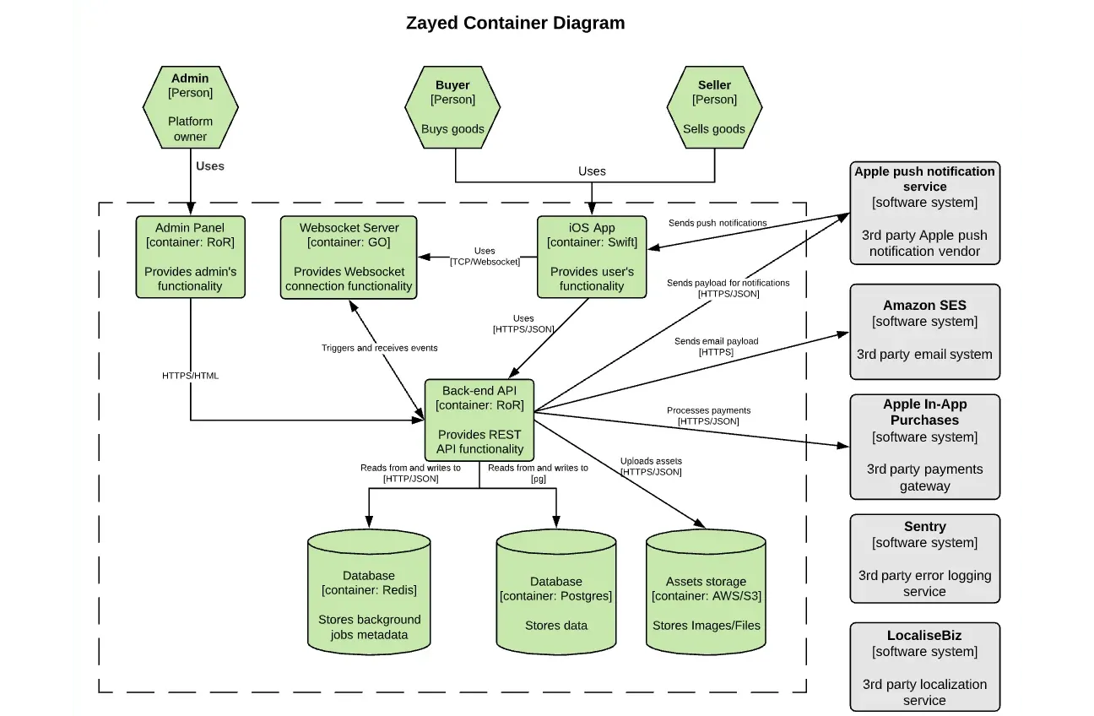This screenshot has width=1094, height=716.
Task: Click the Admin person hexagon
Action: click(x=190, y=106)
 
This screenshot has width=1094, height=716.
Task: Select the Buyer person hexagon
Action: click(x=452, y=106)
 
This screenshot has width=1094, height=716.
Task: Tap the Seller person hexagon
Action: click(x=714, y=106)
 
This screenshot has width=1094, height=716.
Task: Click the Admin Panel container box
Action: click(x=190, y=257)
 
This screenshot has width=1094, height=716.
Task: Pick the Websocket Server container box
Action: click(x=349, y=257)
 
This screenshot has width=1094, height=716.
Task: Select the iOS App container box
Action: click(x=592, y=257)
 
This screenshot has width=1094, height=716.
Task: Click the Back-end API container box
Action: click(x=479, y=419)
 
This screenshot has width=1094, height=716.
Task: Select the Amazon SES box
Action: click(x=924, y=330)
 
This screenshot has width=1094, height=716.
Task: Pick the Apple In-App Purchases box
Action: click(x=924, y=445)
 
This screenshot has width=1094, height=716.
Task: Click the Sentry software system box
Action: click(x=924, y=558)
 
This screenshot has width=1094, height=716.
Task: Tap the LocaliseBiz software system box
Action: click(x=924, y=667)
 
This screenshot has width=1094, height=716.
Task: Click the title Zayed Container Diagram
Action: click(x=515, y=23)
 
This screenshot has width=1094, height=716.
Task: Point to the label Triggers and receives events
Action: click(x=379, y=348)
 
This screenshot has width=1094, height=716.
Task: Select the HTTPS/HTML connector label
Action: click(x=190, y=376)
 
